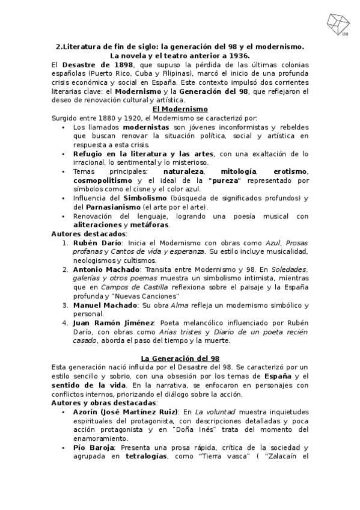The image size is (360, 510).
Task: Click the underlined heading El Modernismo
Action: pyautogui.click(x=180, y=109)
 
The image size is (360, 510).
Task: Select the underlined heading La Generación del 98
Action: pyautogui.click(x=179, y=358)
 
